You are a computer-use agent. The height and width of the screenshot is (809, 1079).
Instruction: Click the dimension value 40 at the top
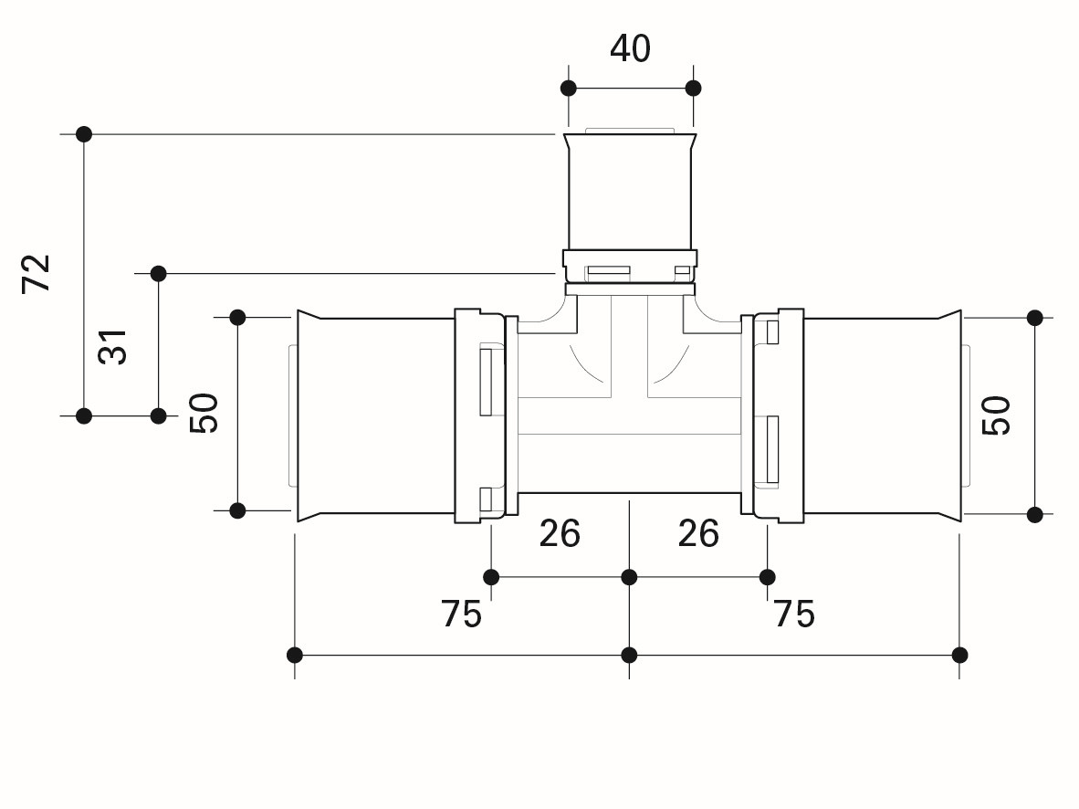pos(630,49)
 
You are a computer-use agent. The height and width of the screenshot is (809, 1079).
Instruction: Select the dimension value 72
pos(37,273)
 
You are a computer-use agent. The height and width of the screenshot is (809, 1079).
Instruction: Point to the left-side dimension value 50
pos(204,413)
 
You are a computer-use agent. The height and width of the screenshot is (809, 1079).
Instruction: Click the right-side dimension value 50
pos(996,415)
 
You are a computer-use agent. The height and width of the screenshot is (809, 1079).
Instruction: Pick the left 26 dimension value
pos(560,533)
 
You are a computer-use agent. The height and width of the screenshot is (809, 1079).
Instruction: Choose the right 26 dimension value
pos(698,533)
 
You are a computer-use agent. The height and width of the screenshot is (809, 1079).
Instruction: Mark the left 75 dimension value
pos(461,614)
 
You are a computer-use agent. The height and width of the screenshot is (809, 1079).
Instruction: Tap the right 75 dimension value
pos(794,614)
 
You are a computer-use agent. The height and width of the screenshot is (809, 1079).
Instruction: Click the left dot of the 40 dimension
pos(569,89)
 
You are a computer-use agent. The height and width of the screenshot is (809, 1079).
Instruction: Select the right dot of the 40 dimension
pos(694,89)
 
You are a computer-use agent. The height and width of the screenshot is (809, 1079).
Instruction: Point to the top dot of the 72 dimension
pos(84,134)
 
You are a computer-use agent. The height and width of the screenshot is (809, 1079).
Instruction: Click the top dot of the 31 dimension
pos(158,274)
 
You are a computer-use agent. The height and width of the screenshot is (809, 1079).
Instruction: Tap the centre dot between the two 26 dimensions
pos(629,577)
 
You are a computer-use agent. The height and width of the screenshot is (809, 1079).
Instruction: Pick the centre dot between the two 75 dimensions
pos(629,655)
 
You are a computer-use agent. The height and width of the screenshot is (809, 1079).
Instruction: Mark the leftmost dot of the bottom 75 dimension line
pos(295,655)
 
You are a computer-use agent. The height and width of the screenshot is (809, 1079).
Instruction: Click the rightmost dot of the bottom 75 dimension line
pos(960,655)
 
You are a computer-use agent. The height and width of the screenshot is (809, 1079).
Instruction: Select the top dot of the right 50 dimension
pos(1035,318)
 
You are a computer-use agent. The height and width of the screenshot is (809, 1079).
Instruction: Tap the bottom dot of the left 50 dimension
pos(237,510)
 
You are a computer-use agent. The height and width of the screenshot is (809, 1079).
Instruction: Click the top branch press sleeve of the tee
pos(630,193)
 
